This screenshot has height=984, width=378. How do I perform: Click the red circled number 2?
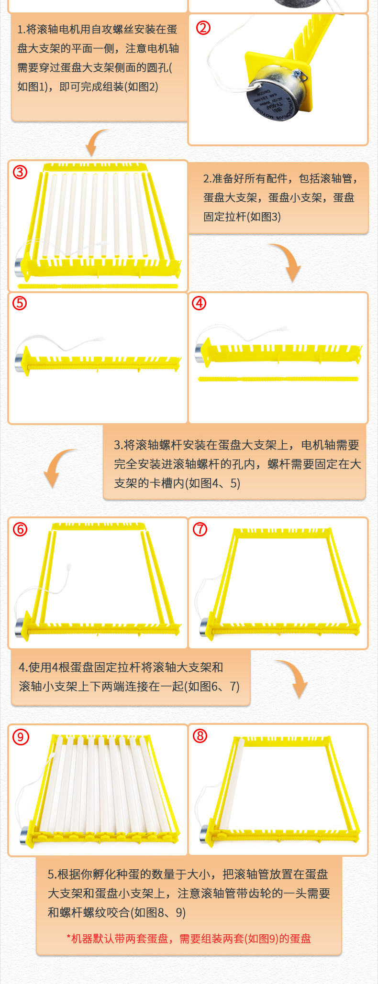pos(203,28)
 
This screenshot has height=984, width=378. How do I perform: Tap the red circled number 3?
pos(20,172)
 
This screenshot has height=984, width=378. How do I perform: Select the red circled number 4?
pos(199,303)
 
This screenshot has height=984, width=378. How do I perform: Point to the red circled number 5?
pos(20,303)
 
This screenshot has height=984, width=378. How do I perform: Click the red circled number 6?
pos(20,529)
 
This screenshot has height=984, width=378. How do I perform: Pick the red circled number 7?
pos(200,529)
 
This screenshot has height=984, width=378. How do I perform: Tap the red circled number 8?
pos(200,736)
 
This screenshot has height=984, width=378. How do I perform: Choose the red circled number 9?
pos(20,737)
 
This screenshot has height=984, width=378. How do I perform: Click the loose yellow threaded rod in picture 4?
pos(278,379)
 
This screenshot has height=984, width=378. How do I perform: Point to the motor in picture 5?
pos(20,360)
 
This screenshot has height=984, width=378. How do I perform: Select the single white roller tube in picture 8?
pos(234,784)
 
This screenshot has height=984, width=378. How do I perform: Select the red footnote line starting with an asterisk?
pos(189,939)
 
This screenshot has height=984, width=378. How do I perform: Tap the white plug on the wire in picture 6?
pos(69,568)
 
